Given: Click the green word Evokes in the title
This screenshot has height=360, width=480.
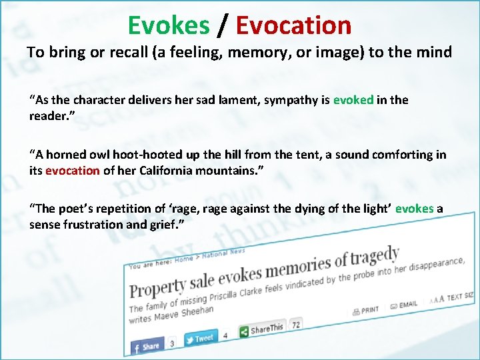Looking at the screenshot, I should point(168,25).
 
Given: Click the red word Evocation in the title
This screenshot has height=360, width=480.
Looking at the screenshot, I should point(293,25).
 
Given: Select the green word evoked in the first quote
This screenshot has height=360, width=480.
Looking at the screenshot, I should point(353,100).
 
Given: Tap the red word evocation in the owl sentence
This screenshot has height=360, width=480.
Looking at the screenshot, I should point(73,170).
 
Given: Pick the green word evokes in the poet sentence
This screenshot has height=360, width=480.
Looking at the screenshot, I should point(414,209).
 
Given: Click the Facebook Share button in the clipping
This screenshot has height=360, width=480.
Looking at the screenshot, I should point(147,346).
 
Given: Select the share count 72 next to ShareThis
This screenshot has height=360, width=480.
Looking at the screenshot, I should point(295,325).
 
